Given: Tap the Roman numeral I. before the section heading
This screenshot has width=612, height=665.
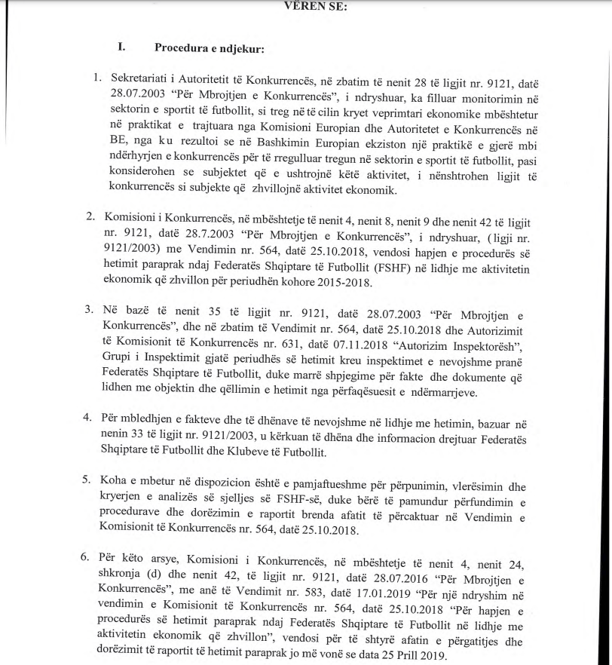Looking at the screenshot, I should [121, 47].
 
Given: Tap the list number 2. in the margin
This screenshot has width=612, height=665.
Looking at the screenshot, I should [90, 216].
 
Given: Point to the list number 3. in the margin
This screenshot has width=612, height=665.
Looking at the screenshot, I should [90, 309].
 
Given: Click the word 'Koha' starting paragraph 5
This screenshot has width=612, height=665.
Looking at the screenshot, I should [116, 480].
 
